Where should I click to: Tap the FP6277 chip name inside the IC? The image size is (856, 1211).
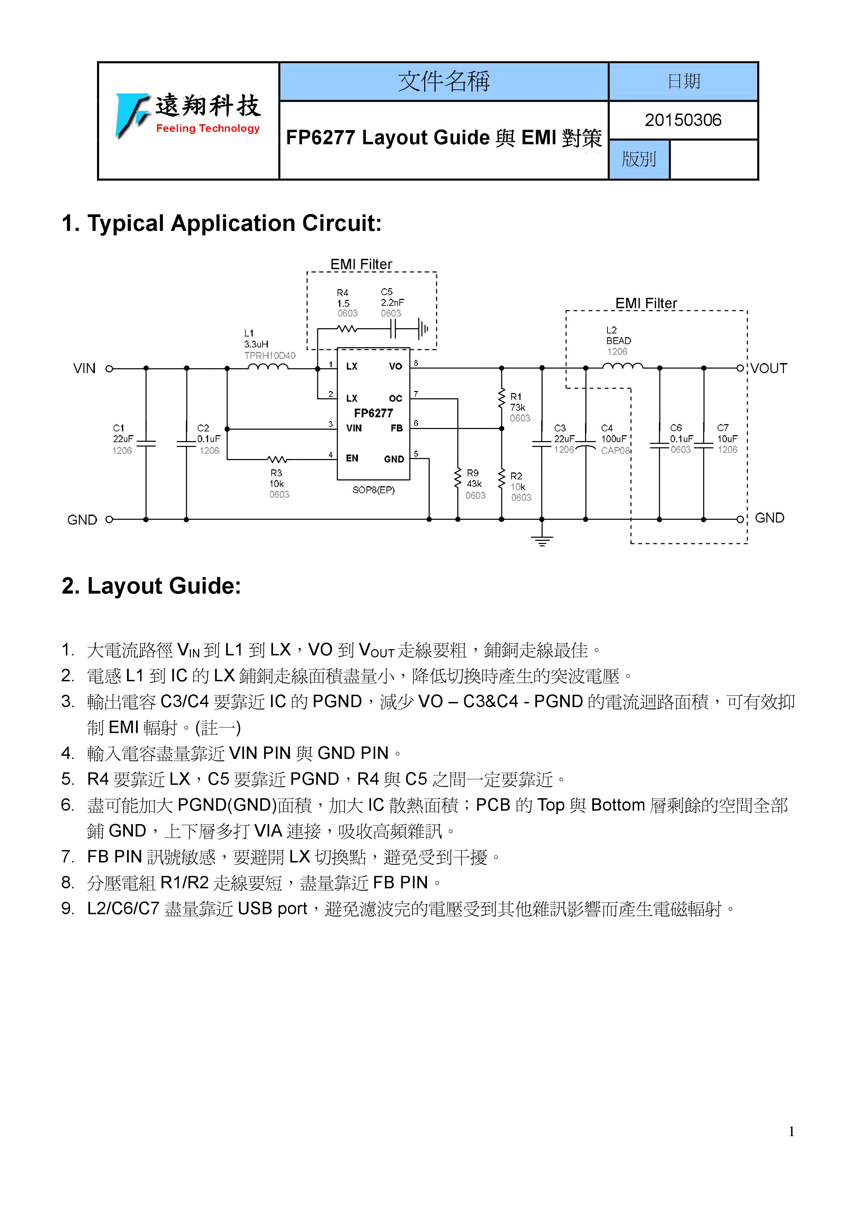[373, 413]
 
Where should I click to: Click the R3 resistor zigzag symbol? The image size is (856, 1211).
[277, 459]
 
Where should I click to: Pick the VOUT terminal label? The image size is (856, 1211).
[768, 368]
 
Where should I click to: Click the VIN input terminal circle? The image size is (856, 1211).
[109, 369]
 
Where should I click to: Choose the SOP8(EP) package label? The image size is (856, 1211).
[373, 490]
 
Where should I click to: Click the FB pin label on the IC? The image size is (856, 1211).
[397, 428]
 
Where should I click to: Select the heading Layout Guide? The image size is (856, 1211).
[152, 586]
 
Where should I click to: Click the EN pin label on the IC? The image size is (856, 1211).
[352, 458]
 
